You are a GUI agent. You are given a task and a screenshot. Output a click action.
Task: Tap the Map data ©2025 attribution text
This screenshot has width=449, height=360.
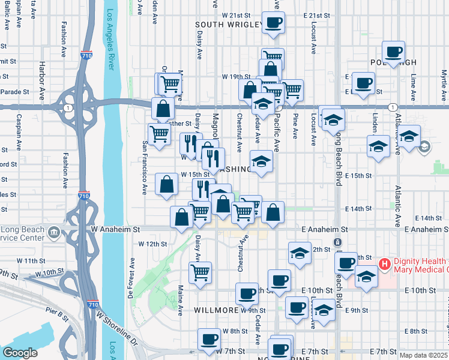pos(424,355)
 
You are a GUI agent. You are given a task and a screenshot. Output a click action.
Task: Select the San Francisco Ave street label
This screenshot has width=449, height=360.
pos(145,168)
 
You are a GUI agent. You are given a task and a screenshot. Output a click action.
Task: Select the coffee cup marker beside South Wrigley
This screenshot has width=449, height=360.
pos(274,23)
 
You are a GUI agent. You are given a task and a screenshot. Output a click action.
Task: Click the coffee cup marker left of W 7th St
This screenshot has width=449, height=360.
pos(208,339)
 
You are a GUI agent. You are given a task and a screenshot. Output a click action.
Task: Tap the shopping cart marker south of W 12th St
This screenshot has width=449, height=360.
pos(200,272)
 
